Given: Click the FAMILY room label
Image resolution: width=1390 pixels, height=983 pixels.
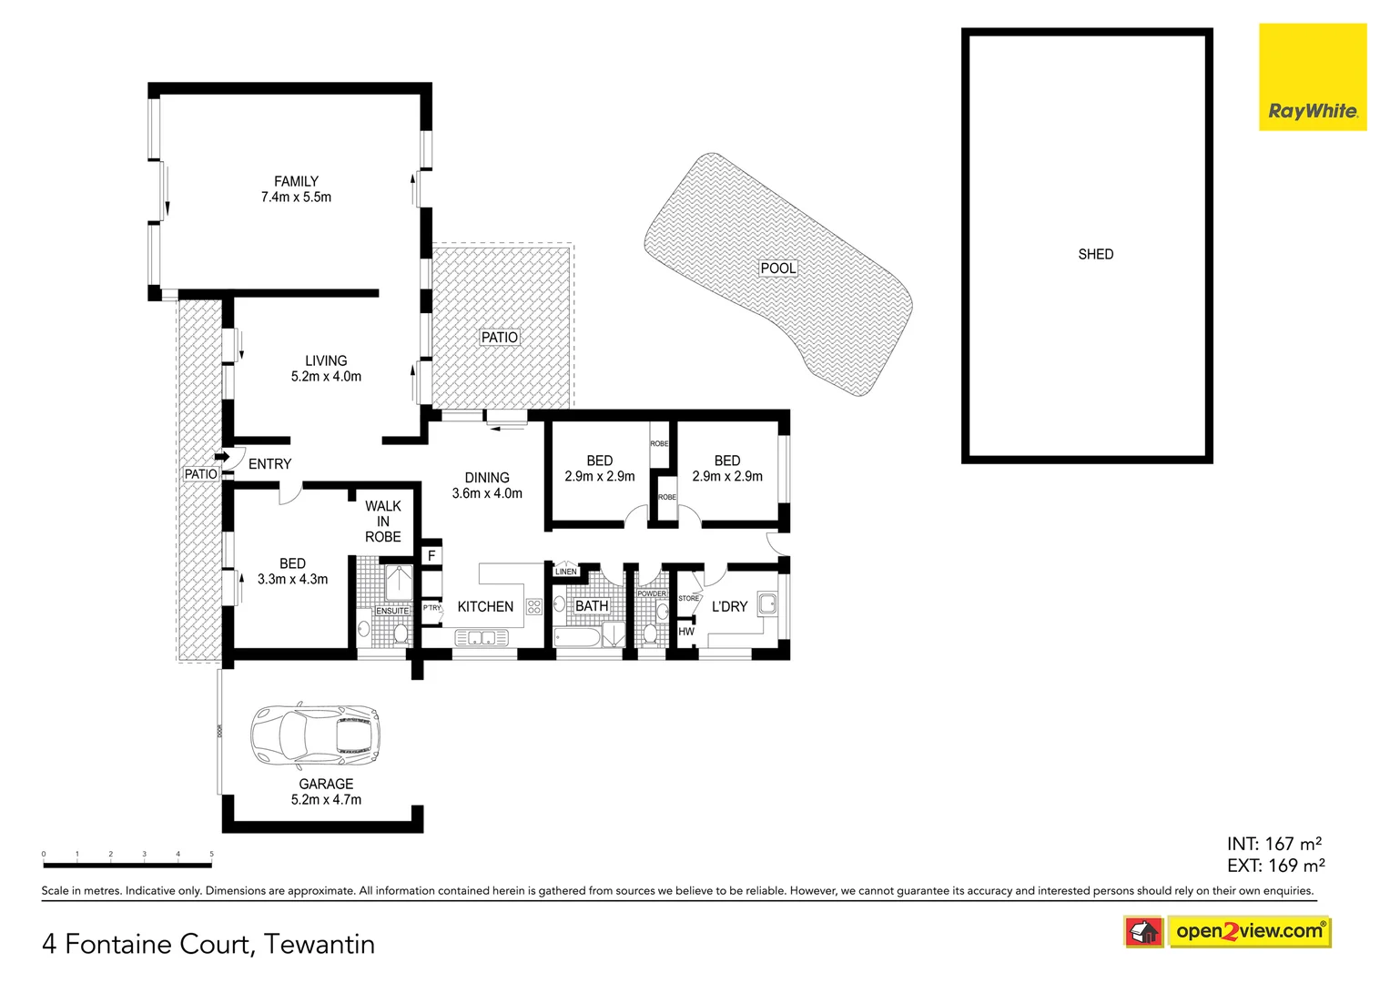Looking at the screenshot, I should point(296,181).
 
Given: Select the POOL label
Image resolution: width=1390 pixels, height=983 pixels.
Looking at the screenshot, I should point(778,268).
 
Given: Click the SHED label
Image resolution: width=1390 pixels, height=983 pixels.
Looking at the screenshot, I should point(1095,254).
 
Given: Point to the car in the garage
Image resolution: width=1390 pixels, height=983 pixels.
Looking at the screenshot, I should point(315,735).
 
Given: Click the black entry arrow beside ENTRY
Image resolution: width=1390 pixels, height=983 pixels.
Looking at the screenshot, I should point(221,457).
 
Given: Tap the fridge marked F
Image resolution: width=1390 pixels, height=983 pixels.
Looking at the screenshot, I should point(431,555).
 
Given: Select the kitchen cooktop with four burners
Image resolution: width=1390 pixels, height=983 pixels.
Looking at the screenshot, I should point(534,606).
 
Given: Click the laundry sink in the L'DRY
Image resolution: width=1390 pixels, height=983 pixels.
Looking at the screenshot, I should point(767,603).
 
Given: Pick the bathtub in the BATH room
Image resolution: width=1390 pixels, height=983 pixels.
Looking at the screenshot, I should point(577,635).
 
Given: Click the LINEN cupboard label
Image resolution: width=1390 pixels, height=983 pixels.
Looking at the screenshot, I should point(565,572).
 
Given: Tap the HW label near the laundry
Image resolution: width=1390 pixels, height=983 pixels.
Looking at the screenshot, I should point(686,631).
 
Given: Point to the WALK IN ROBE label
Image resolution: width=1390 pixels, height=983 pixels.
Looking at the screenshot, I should point(383,522).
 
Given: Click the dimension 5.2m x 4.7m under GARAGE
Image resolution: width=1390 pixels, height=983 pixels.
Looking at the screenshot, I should point(326,799).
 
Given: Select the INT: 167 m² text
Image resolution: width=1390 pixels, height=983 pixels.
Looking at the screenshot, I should point(1273,844).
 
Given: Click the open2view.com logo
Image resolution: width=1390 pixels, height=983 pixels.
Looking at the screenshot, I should point(1248,931).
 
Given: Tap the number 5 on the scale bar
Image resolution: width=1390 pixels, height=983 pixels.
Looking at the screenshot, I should point(211,854).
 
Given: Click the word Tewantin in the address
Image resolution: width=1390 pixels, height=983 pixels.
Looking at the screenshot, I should point(320,944).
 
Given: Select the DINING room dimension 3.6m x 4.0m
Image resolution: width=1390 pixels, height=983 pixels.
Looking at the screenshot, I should point(487,493).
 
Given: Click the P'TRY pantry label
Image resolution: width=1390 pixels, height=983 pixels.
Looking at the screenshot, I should point(431,607).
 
